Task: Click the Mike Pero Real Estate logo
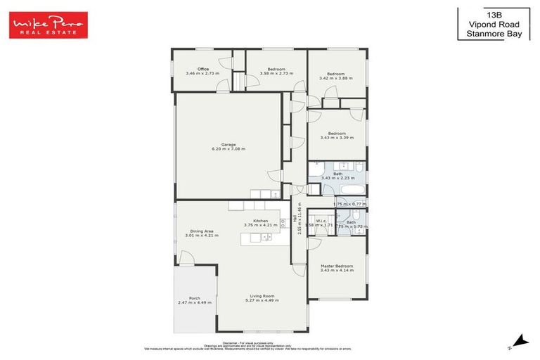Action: coord(48,25)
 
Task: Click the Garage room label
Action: coord(229,144)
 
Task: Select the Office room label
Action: coord(202,69)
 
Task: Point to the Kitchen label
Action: coord(261,221)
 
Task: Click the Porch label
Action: coord(195,297)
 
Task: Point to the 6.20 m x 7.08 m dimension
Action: coord(229,149)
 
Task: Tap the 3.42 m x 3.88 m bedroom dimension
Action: coord(335,78)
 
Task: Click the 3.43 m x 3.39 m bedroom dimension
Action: coord(337,138)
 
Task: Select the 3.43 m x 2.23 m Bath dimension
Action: coord(338,179)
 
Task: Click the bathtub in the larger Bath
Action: coord(349,190)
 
